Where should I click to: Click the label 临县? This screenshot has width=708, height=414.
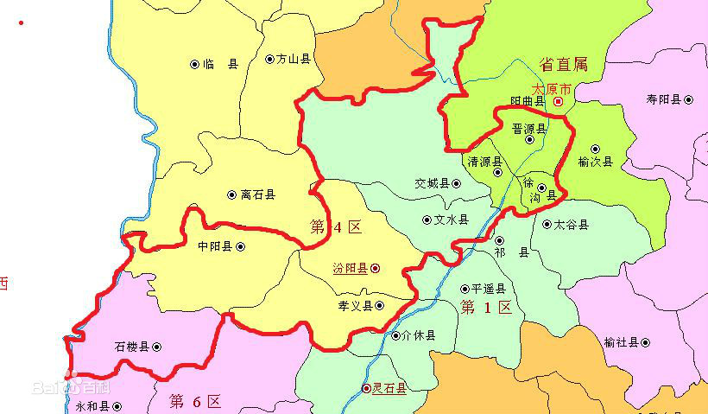pos(220,64)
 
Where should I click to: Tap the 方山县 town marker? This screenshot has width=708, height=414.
pos(270,60)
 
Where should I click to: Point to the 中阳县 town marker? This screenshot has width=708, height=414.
pos(240,246)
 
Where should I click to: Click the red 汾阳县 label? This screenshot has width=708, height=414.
pos(351,269)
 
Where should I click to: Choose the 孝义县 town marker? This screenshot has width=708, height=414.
pos(379,305)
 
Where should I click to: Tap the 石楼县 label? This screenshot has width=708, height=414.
pos(132,347)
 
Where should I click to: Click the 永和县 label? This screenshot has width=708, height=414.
pos(92,405)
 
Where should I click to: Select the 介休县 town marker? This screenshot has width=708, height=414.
pos(396,335)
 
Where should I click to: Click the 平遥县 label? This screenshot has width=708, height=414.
pos(488,290)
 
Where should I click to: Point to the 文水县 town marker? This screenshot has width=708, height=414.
pos(427,220)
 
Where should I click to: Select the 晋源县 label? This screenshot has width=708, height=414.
pos(529,129)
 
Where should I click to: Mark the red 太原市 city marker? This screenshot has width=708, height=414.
pos(558,102)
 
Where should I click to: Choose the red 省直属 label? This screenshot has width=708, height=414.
pos(563,64)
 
